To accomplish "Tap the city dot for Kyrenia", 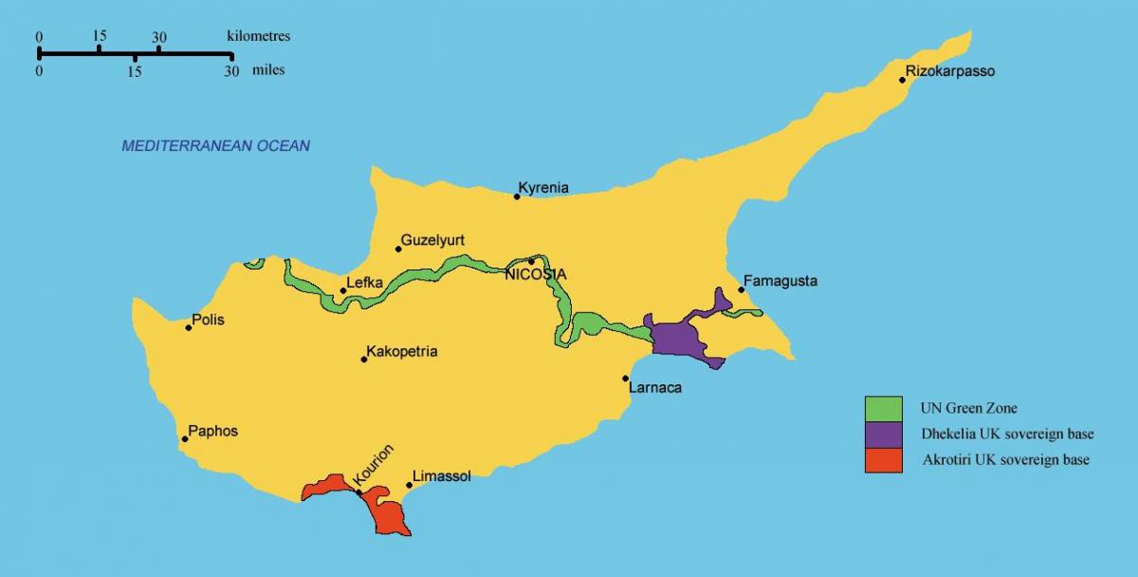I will tap(517, 196).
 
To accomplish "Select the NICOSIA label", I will tap(536, 274).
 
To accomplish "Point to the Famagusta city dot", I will tap(741, 289).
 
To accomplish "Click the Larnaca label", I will tap(655, 387).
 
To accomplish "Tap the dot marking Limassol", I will tap(410, 485).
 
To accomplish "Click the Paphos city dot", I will tap(185, 439).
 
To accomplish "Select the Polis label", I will tap(208, 321).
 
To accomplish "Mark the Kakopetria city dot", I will tap(364, 359).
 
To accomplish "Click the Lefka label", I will tap(363, 282).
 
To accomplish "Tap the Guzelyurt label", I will tap(432, 240).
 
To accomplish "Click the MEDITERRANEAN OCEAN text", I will tap(215, 146).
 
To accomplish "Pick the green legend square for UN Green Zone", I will tap(883, 408).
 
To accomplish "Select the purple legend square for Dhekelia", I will tap(883, 434).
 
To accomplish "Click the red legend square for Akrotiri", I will tap(883, 460).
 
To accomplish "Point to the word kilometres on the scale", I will tap(258, 36).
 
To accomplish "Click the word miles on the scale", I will tap(268, 70).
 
